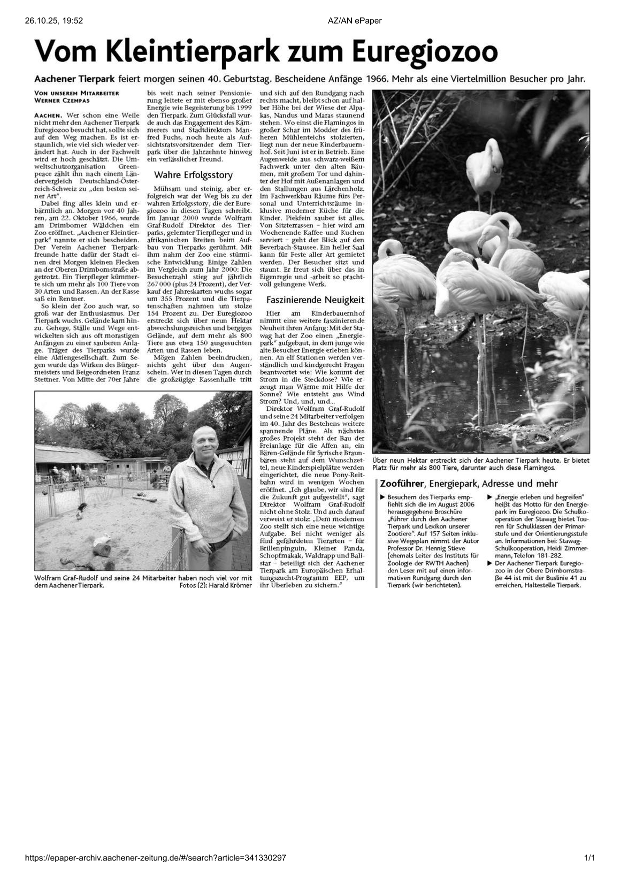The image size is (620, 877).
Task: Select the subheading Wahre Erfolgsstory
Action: pyautogui.click(x=193, y=175)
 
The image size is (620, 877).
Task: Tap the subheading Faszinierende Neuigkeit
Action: pyautogui.click(x=315, y=300)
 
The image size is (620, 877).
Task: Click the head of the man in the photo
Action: pyautogui.click(x=202, y=440)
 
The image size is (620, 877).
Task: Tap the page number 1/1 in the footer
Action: pyautogui.click(x=589, y=858)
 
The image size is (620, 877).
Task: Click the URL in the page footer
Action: pyautogui.click(x=156, y=858)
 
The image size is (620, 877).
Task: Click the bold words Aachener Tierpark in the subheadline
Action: pyautogui.click(x=75, y=79)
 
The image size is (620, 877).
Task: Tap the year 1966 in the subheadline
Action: pyautogui.click(x=377, y=79)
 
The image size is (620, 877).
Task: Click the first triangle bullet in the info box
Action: pyautogui.click(x=383, y=497)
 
